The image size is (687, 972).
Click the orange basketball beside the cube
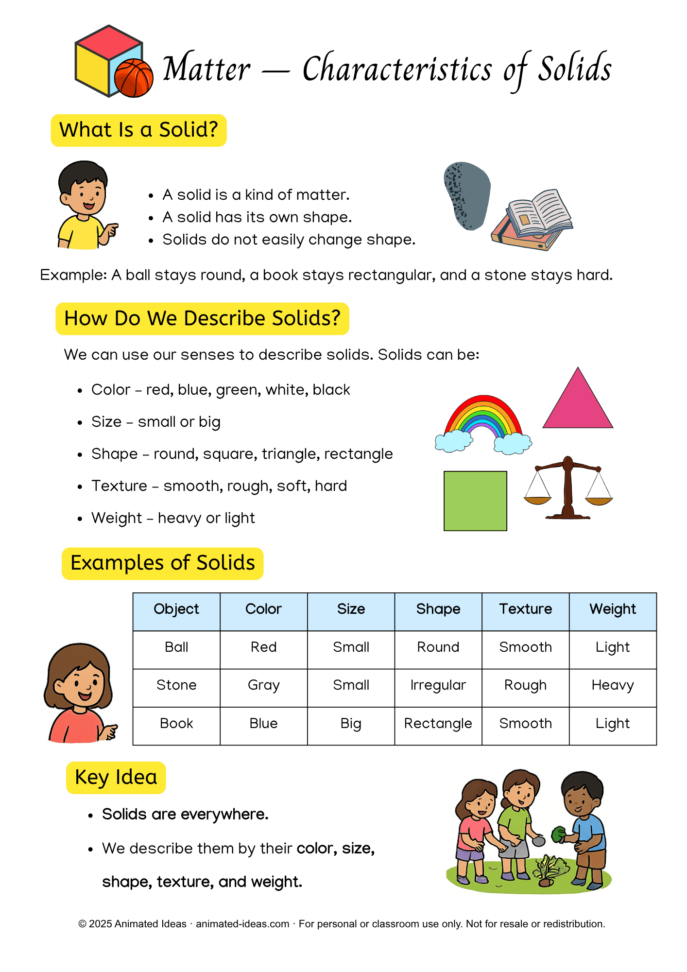[134, 78]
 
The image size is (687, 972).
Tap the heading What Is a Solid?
[138, 130]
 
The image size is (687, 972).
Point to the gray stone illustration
[467, 194]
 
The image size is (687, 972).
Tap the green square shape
[475, 501]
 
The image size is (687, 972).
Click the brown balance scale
[568, 488]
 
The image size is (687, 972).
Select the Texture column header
[525, 609]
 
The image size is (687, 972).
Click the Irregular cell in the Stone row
[438, 685]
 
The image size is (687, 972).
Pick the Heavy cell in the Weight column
[612, 685]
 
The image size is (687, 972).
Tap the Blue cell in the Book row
[263, 724]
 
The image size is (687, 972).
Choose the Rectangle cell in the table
[438, 724]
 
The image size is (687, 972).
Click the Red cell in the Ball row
[263, 647]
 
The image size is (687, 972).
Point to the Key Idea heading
[116, 778]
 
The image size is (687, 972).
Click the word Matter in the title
[206, 69]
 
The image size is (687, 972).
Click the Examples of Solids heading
[163, 563]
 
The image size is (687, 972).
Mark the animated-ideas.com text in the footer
[242, 924]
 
